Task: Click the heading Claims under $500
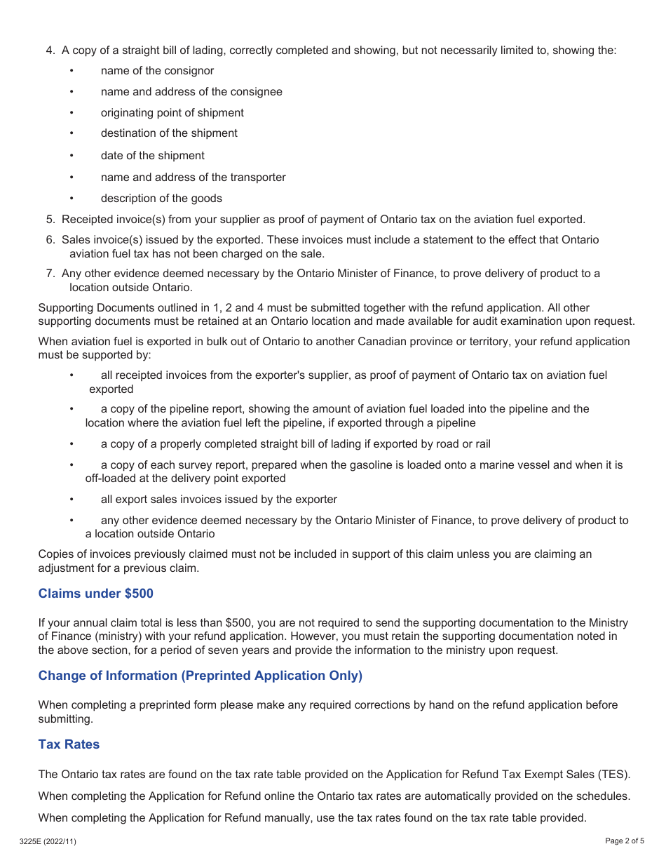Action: [x=95, y=594]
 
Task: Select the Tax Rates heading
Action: [x=69, y=744]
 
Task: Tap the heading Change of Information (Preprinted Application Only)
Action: [x=200, y=676]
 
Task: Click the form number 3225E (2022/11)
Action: [x=48, y=841]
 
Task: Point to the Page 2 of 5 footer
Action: [x=624, y=841]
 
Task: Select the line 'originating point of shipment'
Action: [x=172, y=112]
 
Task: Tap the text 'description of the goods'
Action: [x=161, y=198]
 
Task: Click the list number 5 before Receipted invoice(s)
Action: [x=50, y=219]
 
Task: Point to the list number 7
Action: [x=50, y=274]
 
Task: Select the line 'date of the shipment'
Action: [x=152, y=155]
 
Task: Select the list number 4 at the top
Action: [x=50, y=51]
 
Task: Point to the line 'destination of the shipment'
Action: [x=168, y=133]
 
